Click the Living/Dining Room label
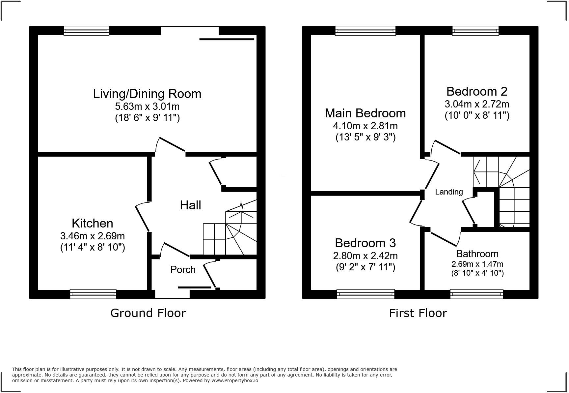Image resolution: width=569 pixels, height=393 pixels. click(x=147, y=94)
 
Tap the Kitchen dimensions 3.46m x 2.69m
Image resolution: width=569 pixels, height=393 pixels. click(x=92, y=236)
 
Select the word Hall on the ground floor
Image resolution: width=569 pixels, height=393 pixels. click(x=190, y=205)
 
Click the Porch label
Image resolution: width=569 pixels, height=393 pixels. click(x=183, y=269)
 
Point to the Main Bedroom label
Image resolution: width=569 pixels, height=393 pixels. click(x=365, y=113)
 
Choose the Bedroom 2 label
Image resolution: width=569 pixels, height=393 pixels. click(x=476, y=91)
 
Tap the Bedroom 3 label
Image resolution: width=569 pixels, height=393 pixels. click(x=365, y=243)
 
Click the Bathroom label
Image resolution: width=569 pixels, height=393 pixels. click(x=477, y=254)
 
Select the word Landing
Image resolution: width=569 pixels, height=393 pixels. click(x=449, y=192)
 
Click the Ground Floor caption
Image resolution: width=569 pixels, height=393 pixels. click(x=148, y=313)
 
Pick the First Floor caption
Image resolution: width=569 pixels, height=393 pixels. click(x=418, y=313)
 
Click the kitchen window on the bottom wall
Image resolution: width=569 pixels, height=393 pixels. click(x=93, y=293)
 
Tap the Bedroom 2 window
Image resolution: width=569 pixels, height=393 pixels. click(x=475, y=31)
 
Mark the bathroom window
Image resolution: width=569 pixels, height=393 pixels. click(x=476, y=293)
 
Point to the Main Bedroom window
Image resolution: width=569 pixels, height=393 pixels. click(x=365, y=31)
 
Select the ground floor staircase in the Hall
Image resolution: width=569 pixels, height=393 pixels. click(x=230, y=234)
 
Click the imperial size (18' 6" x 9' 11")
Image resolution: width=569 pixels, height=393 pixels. click(x=147, y=118)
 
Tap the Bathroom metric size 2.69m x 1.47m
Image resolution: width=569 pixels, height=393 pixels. click(x=477, y=264)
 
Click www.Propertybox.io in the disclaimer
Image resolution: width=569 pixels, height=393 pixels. click(x=234, y=380)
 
